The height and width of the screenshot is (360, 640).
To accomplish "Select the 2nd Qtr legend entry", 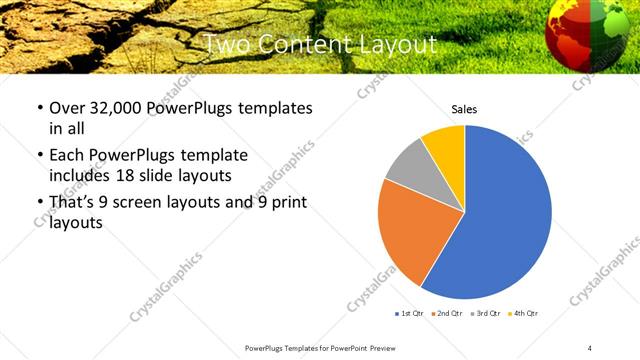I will (446, 314).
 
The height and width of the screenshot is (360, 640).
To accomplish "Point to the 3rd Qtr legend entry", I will (485, 314).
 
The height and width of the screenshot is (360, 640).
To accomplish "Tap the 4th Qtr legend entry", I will (523, 314).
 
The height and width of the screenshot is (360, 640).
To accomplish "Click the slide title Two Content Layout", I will (320, 45).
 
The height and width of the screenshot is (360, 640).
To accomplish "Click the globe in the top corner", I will (590, 35).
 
